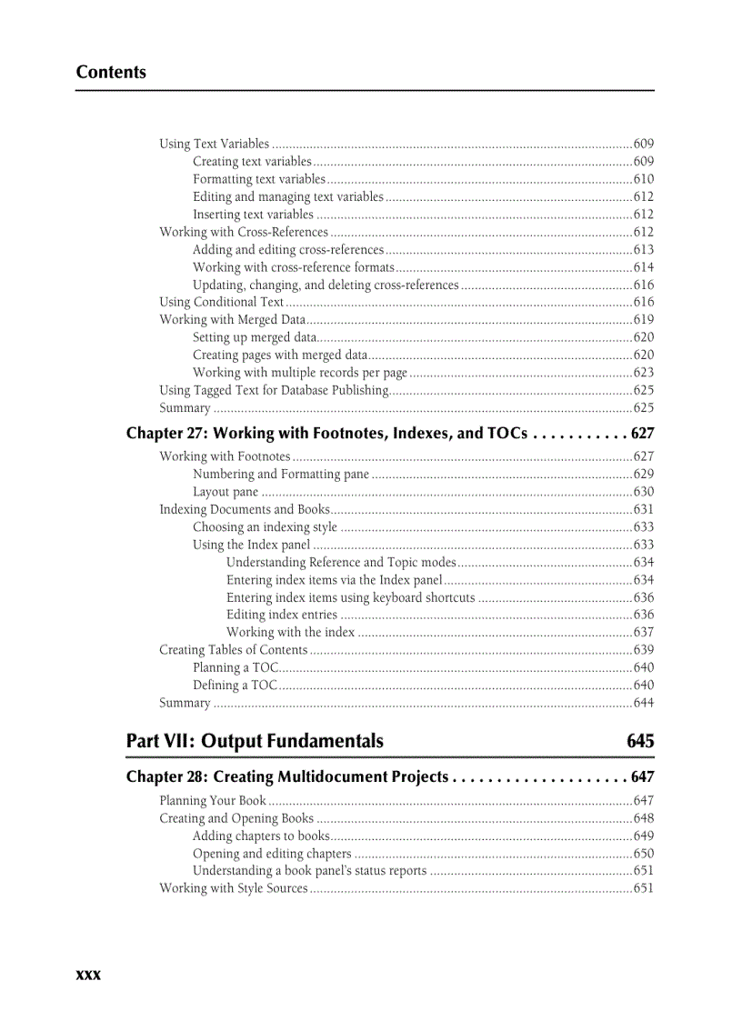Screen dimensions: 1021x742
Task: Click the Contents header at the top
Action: [111, 73]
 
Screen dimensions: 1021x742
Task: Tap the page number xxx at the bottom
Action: [88, 974]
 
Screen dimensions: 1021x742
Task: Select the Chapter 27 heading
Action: [326, 434]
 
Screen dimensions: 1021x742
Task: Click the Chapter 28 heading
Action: [287, 776]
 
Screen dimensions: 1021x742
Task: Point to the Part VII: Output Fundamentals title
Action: [255, 741]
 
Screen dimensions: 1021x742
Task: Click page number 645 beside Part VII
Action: [639, 741]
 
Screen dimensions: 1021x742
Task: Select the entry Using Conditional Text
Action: [222, 302]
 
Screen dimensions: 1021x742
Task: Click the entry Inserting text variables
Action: [253, 215]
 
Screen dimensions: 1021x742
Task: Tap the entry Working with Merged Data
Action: [232, 319]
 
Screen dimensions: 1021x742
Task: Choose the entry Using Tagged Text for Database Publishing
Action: [274, 390]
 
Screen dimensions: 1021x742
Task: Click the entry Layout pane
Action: [226, 492]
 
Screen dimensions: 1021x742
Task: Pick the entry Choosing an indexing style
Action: [265, 527]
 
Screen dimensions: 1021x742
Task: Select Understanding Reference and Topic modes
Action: [341, 563]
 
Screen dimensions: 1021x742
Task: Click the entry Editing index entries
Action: [281, 616]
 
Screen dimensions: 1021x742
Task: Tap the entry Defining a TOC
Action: [235, 686]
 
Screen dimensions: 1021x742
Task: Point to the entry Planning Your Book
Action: [213, 801]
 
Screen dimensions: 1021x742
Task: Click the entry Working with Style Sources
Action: [234, 888]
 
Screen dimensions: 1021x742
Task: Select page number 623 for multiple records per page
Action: [643, 373]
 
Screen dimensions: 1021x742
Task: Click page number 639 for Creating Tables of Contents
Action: [643, 650]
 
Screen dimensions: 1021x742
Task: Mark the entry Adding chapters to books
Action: [261, 836]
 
